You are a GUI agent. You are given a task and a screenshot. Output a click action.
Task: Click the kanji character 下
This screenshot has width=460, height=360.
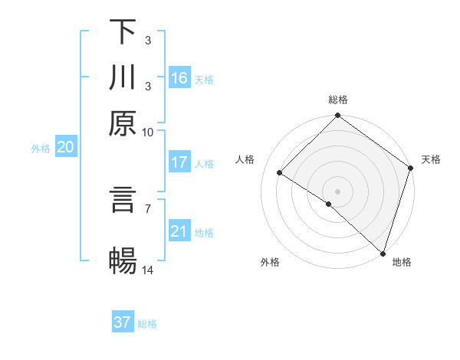pos(123,31)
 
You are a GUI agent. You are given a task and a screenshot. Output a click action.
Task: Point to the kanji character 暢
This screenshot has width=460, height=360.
pos(123,261)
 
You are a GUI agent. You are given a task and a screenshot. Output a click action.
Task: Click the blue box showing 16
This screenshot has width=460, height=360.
pos(179,78)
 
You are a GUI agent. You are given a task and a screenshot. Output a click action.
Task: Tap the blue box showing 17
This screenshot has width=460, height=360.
pos(179,162)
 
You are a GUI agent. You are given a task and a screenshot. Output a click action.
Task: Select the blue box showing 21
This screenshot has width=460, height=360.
pos(179,231)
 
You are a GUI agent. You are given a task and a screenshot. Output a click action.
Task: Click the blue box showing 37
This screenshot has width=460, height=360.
pos(123,322)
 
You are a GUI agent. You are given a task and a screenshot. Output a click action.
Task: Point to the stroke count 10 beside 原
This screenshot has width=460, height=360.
pos(148,132)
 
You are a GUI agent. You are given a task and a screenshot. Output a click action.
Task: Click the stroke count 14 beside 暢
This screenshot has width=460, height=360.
pos(148,271)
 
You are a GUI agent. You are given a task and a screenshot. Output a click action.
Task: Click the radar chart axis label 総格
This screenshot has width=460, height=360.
pos(338,100)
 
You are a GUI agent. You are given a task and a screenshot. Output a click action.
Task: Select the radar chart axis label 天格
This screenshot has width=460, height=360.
pos(431,159)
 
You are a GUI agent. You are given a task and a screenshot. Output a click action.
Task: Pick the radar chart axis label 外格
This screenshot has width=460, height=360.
pos(270,263)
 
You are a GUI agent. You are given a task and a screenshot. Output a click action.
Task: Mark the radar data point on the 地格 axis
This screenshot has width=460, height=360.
pos(383,252)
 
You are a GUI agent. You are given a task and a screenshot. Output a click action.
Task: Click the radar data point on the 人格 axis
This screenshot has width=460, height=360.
pos(280,173)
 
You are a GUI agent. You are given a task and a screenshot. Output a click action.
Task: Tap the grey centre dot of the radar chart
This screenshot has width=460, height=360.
pos(338,191)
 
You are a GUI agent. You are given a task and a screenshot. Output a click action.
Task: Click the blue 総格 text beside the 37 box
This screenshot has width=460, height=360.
pos(147,324)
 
